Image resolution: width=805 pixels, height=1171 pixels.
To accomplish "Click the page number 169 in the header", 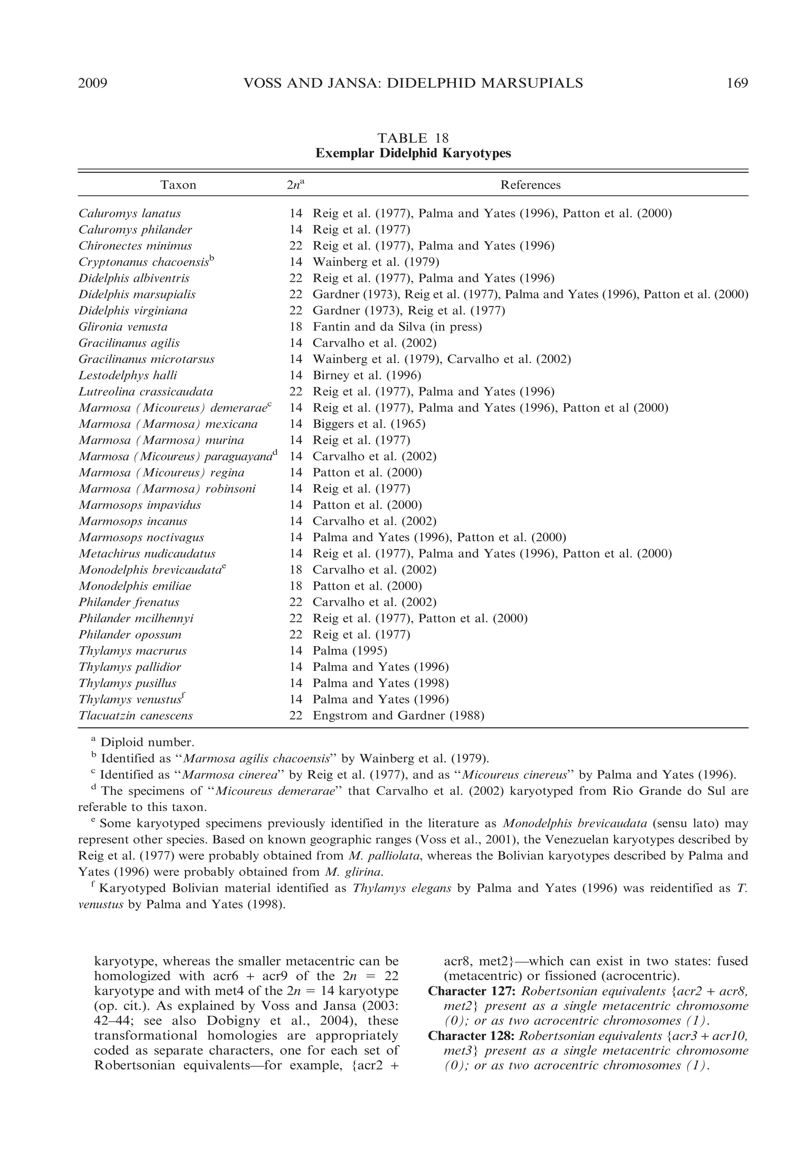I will click(737, 83).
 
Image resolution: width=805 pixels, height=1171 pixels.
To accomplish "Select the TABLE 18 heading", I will click(413, 138).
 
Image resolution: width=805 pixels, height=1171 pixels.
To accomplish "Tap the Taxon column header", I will click(178, 185).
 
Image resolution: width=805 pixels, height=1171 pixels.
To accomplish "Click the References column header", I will click(530, 185).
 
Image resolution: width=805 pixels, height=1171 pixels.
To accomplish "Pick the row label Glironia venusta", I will click(123, 327).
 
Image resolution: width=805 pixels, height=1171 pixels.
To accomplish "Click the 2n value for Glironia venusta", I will click(296, 327).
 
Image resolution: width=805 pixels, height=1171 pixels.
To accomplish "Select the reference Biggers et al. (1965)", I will click(369, 424).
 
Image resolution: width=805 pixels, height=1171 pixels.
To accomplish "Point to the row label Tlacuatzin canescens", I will click(135, 715).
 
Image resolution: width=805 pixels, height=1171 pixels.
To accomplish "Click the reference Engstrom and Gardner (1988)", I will click(398, 715).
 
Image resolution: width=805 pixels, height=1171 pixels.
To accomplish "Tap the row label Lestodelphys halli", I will click(128, 376).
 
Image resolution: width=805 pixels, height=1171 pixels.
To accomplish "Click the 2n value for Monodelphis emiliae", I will click(296, 586).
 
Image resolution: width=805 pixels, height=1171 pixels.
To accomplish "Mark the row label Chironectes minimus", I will click(135, 246).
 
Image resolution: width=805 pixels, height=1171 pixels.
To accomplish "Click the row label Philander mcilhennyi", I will click(136, 618).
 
